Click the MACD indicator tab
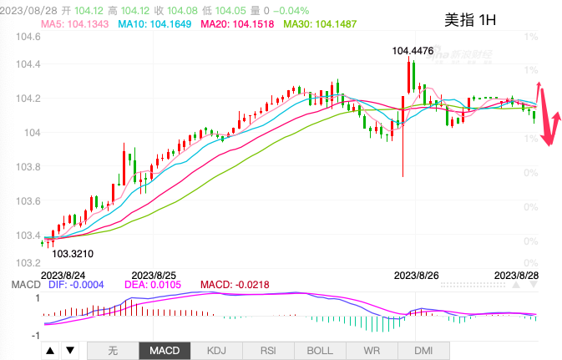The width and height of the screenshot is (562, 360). [x=165, y=351]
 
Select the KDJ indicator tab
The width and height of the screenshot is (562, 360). [x=217, y=351]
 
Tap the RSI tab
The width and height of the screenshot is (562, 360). [x=269, y=351]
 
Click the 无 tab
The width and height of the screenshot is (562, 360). [x=114, y=351]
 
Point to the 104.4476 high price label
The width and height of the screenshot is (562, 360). [x=414, y=52]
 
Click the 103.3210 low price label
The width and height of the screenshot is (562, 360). [x=73, y=251]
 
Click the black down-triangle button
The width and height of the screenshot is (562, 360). [x=70, y=351]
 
